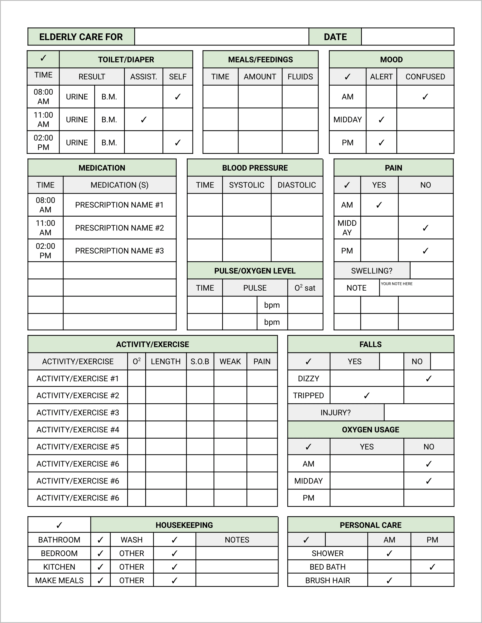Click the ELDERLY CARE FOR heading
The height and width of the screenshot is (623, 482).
pos(81,37)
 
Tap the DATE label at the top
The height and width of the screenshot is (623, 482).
pos(335,37)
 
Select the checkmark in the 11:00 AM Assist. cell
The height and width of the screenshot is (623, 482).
pos(144,119)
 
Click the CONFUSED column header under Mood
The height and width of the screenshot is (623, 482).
pos(425,77)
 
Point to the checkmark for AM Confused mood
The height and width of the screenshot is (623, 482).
pos(425,97)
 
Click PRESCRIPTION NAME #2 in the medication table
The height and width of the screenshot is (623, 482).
pos(119,228)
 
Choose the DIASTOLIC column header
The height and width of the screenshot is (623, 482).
pos(296,185)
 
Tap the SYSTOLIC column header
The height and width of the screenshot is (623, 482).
pos(247,185)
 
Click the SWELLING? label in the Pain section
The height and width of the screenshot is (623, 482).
pos(372,271)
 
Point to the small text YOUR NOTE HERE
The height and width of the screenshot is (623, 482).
pos(396,284)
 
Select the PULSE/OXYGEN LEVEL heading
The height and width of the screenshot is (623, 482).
pos(255,271)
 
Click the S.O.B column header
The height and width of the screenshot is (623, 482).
pos(200,361)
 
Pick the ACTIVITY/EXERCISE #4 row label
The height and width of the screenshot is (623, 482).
pos(78,430)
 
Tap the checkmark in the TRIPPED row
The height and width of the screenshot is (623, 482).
pos(367,395)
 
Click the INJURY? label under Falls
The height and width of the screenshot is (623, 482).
pos(335,413)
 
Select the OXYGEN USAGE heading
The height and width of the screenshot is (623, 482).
pos(370,430)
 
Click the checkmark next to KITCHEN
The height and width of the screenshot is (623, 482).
pos(100,567)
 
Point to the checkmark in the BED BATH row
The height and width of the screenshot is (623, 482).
pos(432,567)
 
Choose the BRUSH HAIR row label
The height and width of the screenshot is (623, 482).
pos(327,580)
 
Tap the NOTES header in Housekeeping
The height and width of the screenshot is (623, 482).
pos(237,540)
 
